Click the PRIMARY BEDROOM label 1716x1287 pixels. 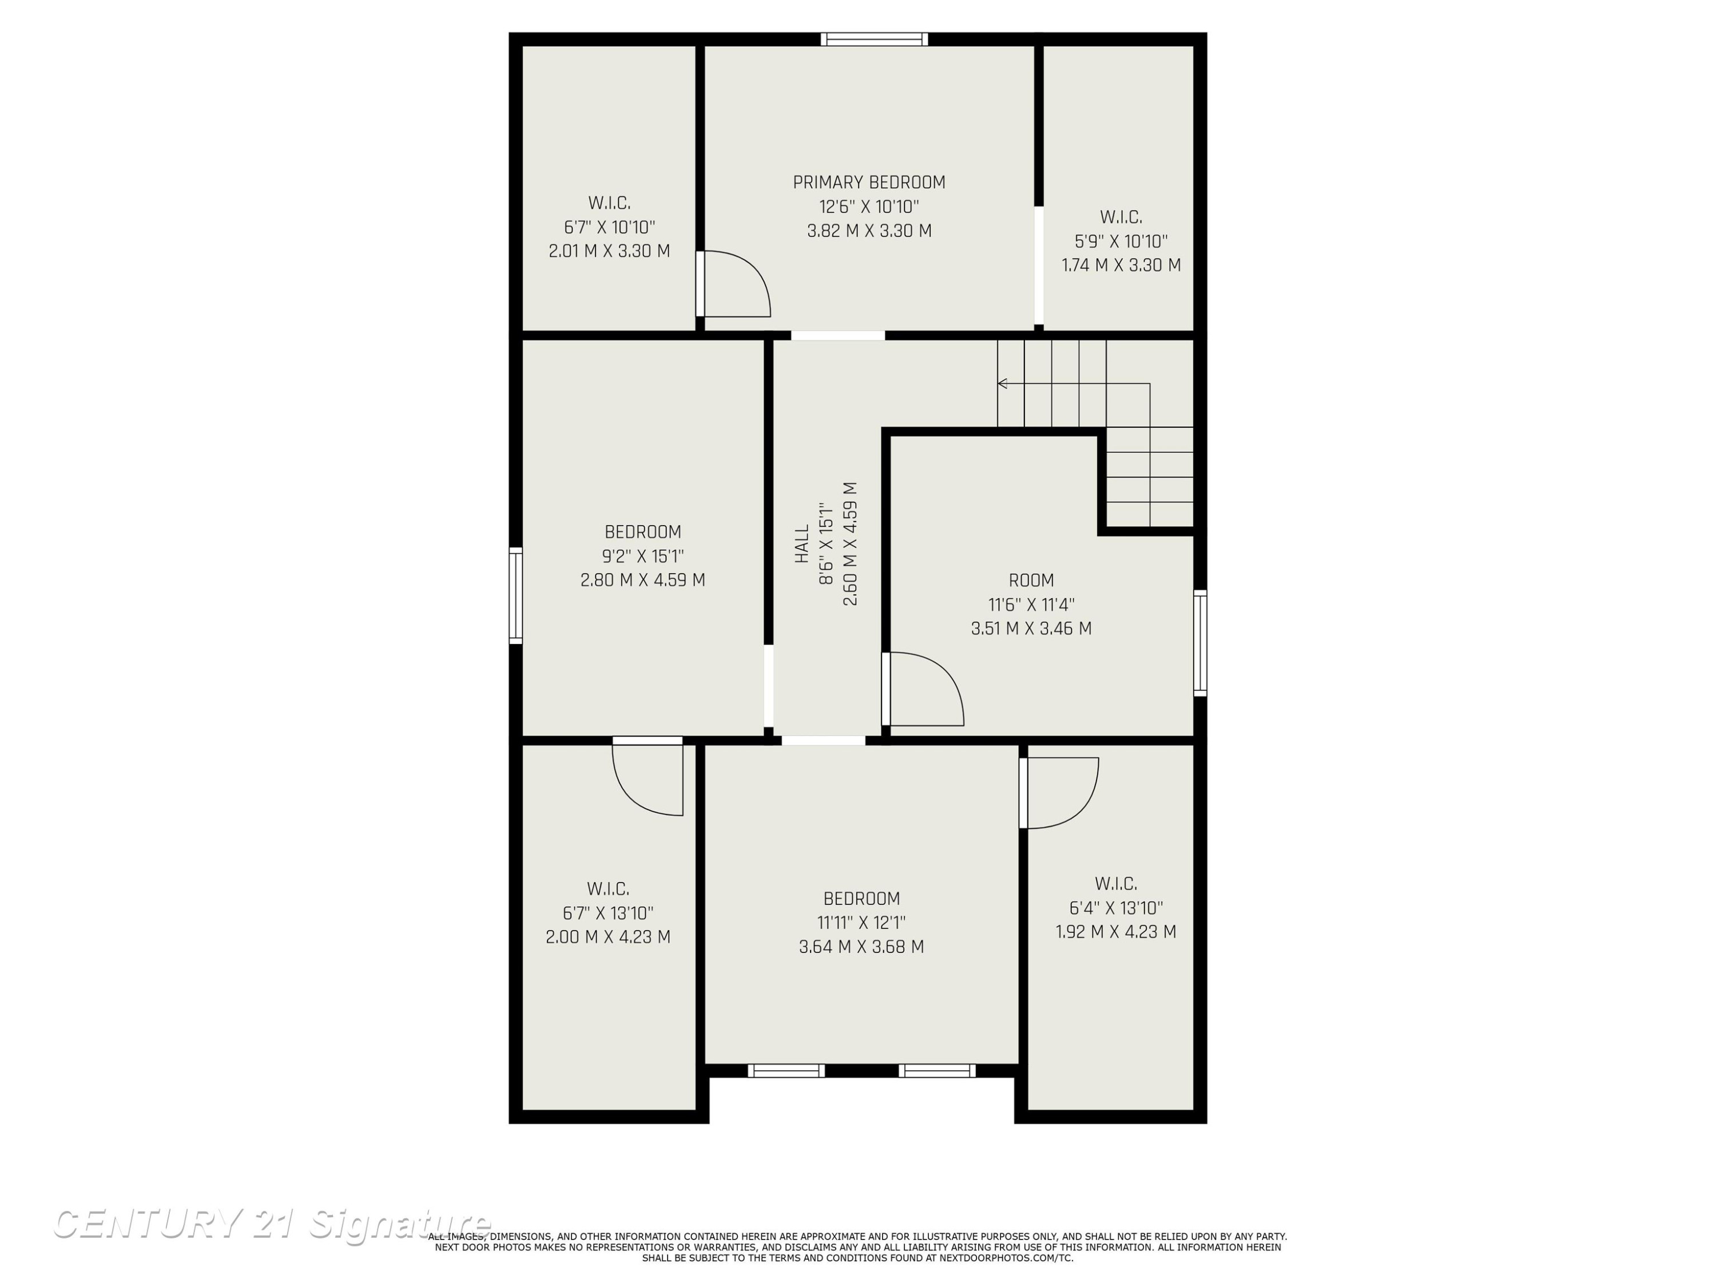pyautogui.click(x=869, y=182)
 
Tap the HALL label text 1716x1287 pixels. pyautogui.click(x=802, y=544)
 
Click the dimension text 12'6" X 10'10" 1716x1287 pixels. pyautogui.click(x=869, y=206)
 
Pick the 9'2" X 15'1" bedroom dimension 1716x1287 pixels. pyautogui.click(x=642, y=556)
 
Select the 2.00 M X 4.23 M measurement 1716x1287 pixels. pyautogui.click(x=607, y=936)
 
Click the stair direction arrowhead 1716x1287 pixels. pyautogui.click(x=1002, y=383)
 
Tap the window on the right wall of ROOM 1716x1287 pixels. pyautogui.click(x=1199, y=642)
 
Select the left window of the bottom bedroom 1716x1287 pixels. pyautogui.click(x=786, y=1071)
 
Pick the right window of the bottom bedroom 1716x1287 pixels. pyautogui.click(x=937, y=1071)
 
